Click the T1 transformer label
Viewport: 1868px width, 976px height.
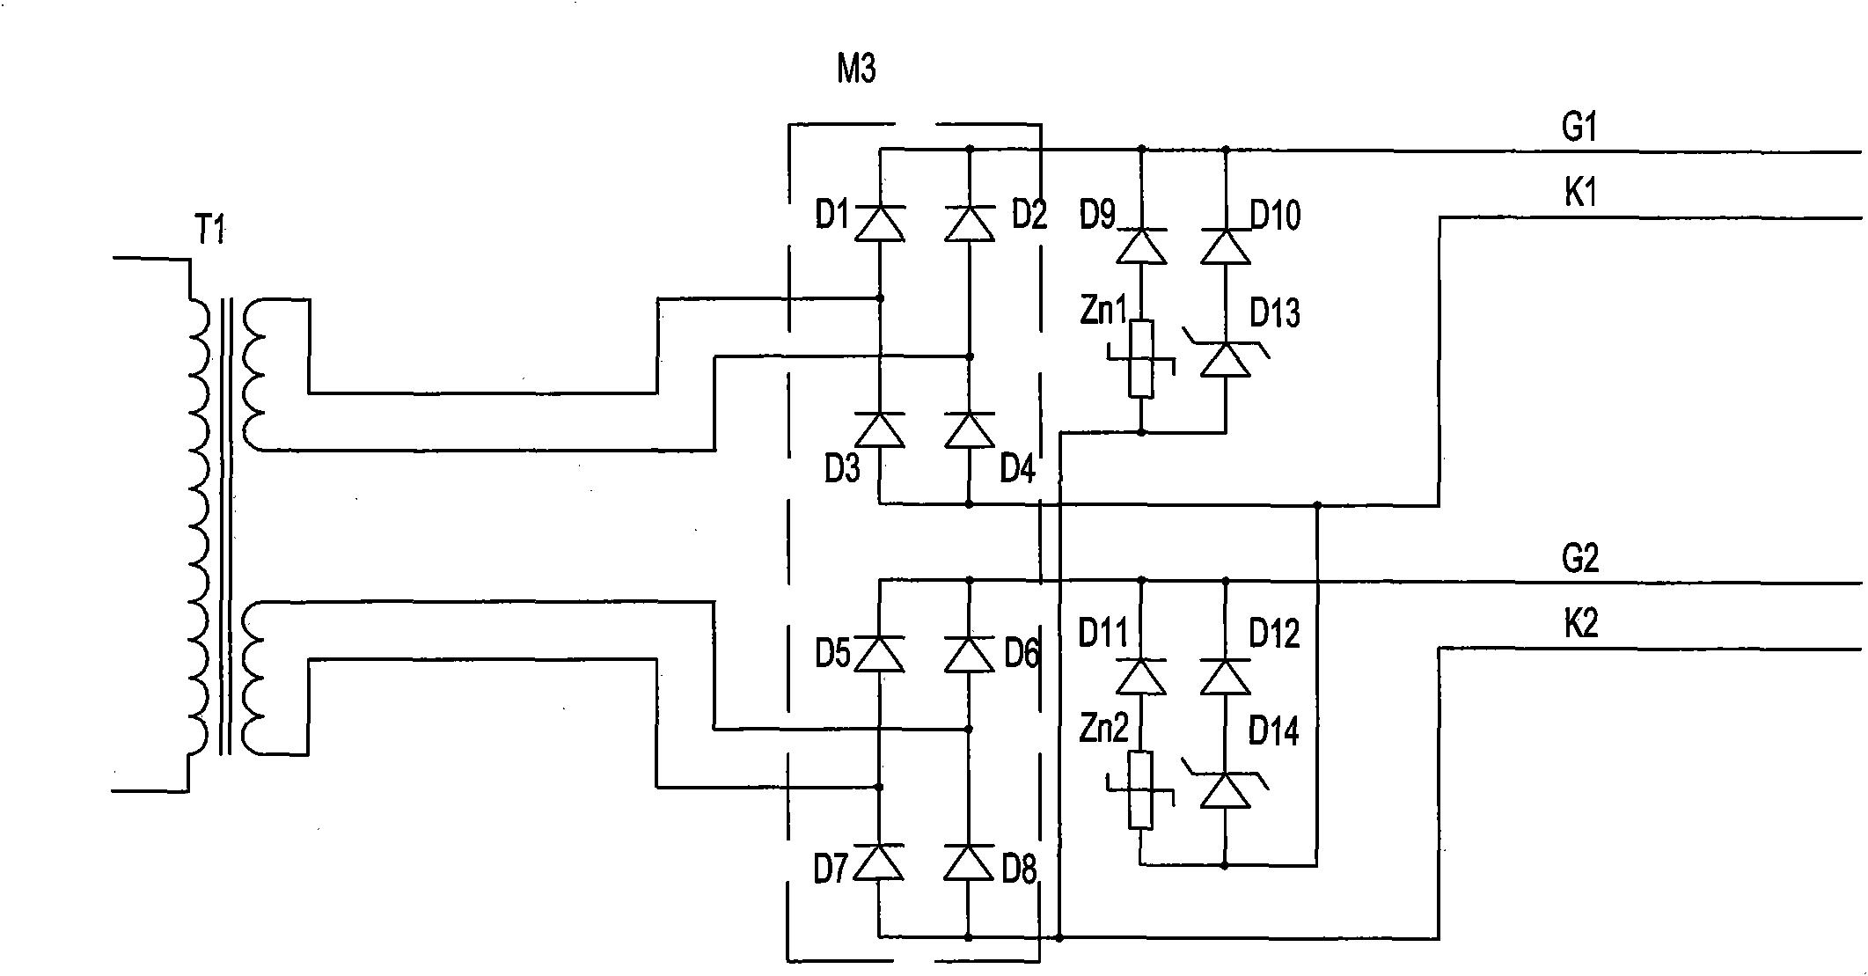209,231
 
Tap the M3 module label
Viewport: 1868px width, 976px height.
856,69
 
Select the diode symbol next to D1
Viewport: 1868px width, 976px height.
880,223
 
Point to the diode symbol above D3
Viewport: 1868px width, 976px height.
880,429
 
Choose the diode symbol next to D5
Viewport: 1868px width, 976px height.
880,654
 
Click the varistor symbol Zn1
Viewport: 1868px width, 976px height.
1141,359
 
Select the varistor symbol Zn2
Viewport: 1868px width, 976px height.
1141,789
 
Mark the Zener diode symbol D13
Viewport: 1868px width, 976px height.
1226,357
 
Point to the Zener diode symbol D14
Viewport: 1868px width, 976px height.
1226,788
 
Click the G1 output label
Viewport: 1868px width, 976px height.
1579,128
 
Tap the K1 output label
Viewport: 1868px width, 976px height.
1579,193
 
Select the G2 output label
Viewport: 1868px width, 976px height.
1579,559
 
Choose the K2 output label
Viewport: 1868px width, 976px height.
1580,624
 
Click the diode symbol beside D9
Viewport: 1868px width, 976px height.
1141,246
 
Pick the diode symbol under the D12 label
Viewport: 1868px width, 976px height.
1226,677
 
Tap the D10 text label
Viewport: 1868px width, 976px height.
1275,216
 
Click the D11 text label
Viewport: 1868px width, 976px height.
1102,634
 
